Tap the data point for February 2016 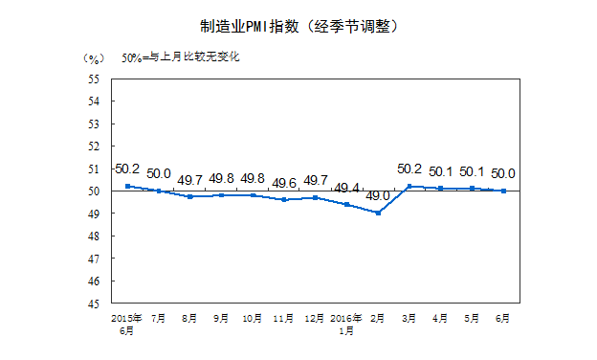coord(379,213)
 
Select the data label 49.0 coord(379,196)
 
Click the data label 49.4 coord(347,188)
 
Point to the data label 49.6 coord(284,183)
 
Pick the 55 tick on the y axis coord(96,79)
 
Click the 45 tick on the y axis coord(96,304)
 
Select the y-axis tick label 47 coord(96,259)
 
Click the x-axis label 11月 coord(284,317)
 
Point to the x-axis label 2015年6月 coord(127,323)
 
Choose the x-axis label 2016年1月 coord(347,323)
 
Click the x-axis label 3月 coord(409,317)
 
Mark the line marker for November coord(284,199)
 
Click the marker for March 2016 coord(409,186)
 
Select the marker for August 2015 coord(190,196)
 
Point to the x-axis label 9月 coord(222,317)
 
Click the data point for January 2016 coord(347,204)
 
